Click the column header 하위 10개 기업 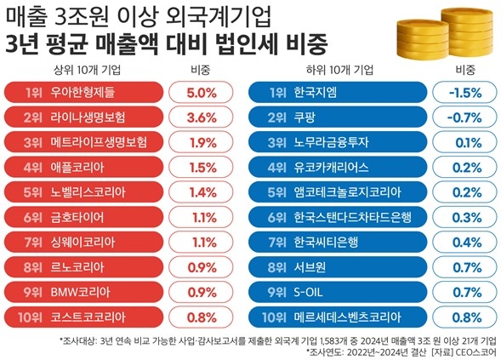[x=340, y=69]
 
